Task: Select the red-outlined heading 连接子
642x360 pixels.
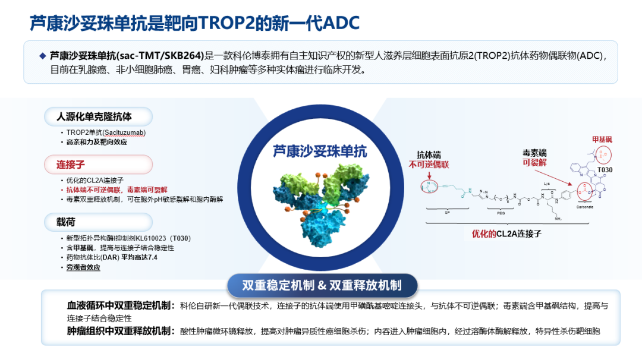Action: coord(69,165)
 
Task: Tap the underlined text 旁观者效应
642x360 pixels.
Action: coord(83,267)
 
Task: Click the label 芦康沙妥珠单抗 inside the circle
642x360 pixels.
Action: coord(320,151)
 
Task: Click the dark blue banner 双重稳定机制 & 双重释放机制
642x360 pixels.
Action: coord(322,286)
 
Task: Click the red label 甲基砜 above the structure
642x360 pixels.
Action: coord(602,140)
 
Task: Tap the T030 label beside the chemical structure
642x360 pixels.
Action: coord(605,169)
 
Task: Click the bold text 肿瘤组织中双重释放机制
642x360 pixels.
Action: coord(121,330)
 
